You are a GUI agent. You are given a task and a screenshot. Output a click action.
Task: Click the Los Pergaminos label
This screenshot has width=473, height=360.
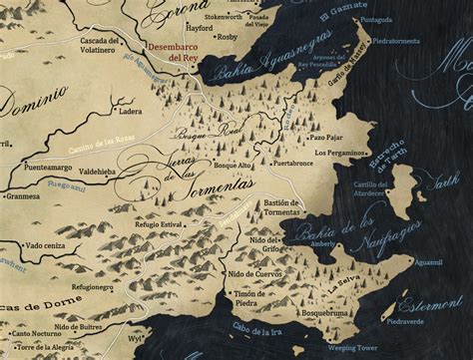[x=340, y=153]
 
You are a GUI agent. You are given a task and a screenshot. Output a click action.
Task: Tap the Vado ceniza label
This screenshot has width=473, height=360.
[x=48, y=244]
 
